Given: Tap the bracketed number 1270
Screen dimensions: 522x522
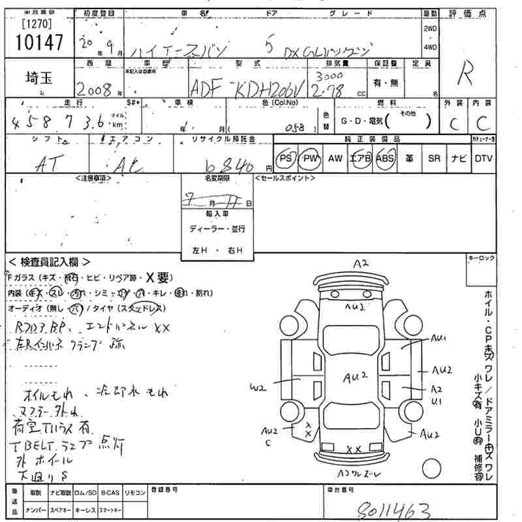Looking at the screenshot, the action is pyautogui.click(x=36, y=23).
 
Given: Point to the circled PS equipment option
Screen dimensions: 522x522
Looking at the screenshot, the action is pyautogui.click(x=285, y=159).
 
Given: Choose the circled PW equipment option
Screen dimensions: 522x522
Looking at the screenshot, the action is pyautogui.click(x=309, y=159).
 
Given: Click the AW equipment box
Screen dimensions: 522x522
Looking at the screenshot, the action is pyautogui.click(x=335, y=159).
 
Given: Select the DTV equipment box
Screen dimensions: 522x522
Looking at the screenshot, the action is pyautogui.click(x=484, y=159).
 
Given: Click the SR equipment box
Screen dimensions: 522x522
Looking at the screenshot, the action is pyautogui.click(x=434, y=159).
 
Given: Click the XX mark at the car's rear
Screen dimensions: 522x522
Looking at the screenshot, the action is pyautogui.click(x=354, y=450).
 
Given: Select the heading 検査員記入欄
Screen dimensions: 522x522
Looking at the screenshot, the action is pyautogui.click(x=50, y=262).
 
